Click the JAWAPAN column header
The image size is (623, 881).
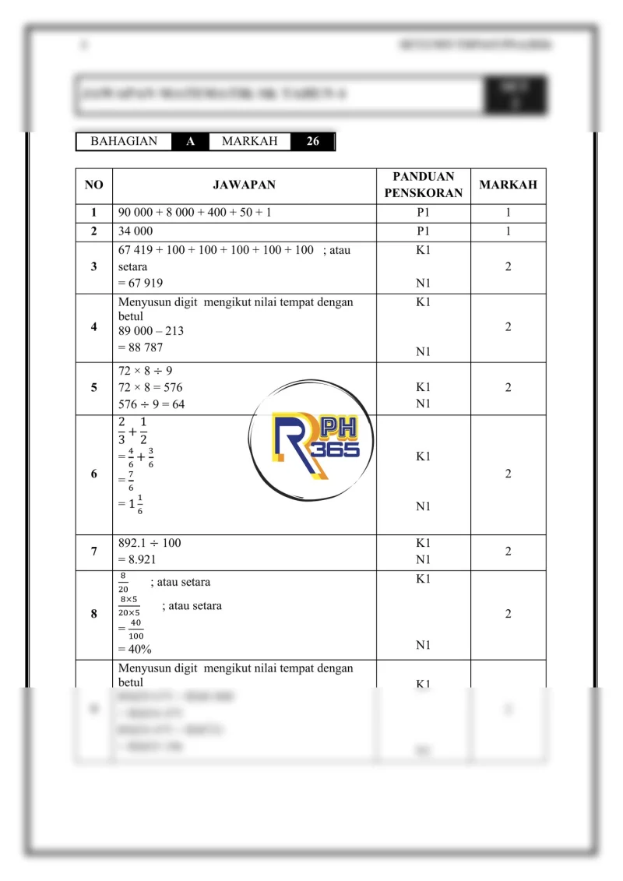244,185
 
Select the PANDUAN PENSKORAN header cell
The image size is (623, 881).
423,185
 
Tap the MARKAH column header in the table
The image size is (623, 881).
508,185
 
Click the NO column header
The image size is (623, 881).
93,185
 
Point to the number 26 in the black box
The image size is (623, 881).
312,142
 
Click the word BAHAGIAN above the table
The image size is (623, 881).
124,142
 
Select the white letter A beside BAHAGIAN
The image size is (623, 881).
190,142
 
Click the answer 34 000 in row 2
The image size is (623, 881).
136,231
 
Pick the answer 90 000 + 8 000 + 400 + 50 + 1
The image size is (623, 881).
195,213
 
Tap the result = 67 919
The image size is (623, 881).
141,283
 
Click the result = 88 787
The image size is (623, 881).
141,347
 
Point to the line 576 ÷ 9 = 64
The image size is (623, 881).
152,404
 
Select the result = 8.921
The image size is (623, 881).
141,559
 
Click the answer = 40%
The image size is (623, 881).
135,648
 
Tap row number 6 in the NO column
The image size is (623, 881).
93,474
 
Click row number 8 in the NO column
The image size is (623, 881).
93,614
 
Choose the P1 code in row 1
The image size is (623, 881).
423,213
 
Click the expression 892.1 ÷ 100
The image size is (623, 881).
150,543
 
